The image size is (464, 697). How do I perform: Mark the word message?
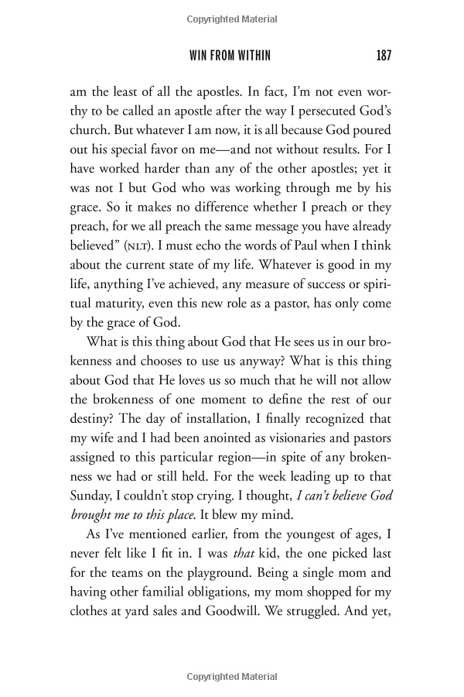(x=250, y=230)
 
